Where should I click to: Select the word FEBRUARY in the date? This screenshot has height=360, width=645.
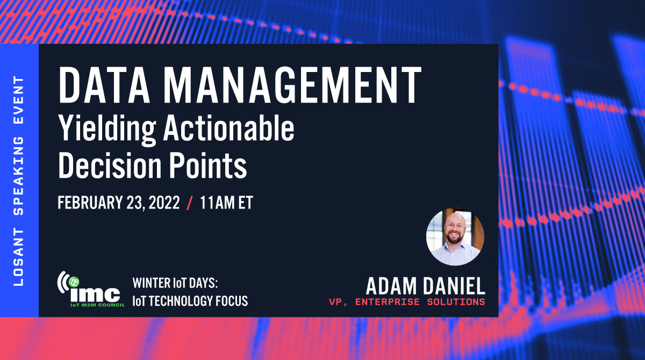coord(91,204)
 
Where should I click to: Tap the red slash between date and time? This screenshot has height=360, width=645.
coord(189,204)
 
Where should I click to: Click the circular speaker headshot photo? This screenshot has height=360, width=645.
coord(455,237)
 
